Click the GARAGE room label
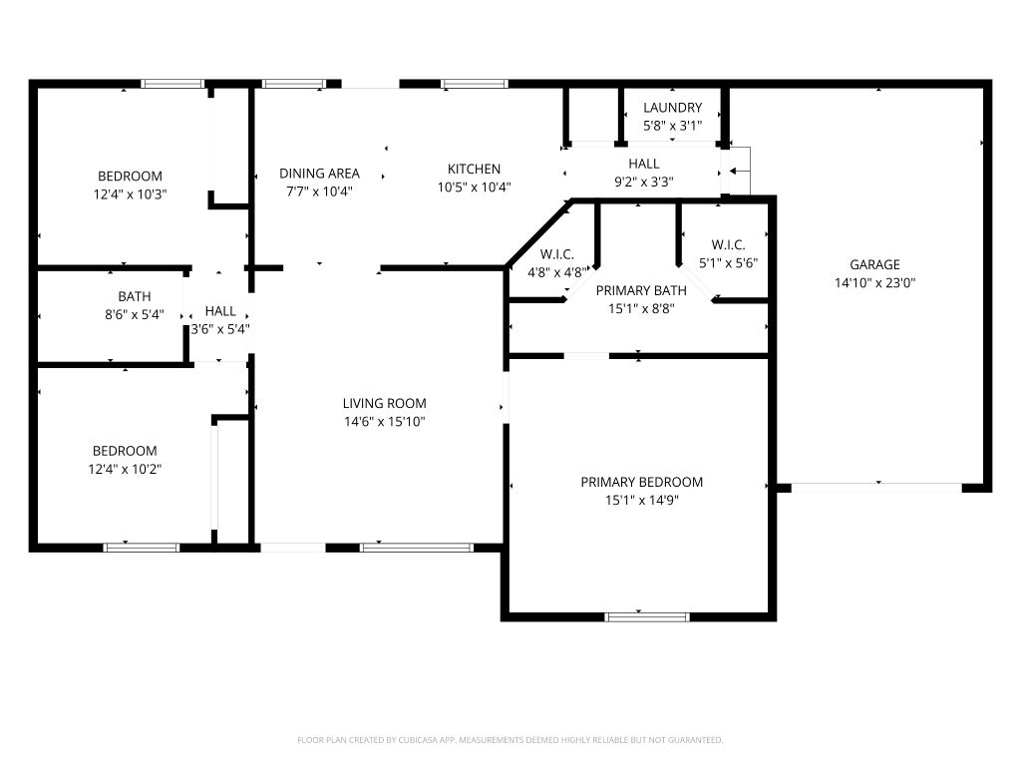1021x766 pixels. tap(874, 264)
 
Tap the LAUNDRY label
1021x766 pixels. tap(673, 108)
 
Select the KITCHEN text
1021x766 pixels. tap(474, 169)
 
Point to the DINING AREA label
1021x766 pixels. tap(319, 174)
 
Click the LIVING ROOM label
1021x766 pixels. tap(384, 403)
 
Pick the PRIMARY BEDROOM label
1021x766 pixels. tap(641, 482)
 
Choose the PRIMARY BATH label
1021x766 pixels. tap(641, 290)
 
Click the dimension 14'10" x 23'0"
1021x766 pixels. tap(874, 282)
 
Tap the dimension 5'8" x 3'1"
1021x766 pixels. tap(673, 126)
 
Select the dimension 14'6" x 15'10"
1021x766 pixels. tap(384, 422)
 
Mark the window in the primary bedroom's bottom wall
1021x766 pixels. tap(646, 616)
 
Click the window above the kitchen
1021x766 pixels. tap(474, 84)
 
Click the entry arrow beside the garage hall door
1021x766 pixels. tap(740, 172)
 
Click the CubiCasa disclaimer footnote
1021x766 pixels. tap(510, 740)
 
